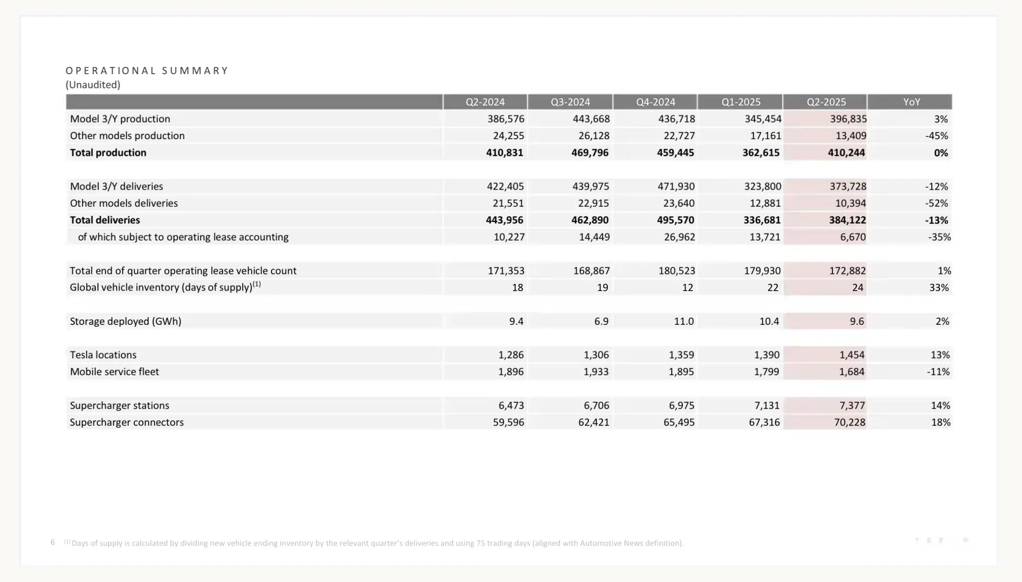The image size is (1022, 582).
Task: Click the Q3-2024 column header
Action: coord(570,102)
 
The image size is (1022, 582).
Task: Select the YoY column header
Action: coord(912,102)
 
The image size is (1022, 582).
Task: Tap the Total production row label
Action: coord(108,153)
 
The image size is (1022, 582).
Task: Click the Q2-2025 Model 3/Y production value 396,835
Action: coord(848,119)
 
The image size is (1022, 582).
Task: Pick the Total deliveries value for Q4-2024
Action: coord(675,220)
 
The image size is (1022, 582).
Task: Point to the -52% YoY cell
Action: coord(936,203)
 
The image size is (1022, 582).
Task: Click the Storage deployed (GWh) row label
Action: coord(126,321)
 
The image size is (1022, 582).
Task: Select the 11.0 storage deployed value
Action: coord(684,321)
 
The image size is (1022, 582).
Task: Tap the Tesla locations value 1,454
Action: coord(851,355)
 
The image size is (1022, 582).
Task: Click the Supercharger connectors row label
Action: coord(127,423)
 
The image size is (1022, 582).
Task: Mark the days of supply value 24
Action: coord(858,287)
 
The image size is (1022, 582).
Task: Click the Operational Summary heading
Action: coord(147,71)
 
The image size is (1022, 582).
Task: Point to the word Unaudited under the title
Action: coord(93,85)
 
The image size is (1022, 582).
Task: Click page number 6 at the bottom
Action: coord(52,542)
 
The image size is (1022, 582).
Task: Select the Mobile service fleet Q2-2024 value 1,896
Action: coord(510,372)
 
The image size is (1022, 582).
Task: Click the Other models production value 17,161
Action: coord(765,136)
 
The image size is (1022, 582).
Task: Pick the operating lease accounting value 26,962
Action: coord(679,237)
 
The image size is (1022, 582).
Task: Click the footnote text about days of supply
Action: coord(377,543)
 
